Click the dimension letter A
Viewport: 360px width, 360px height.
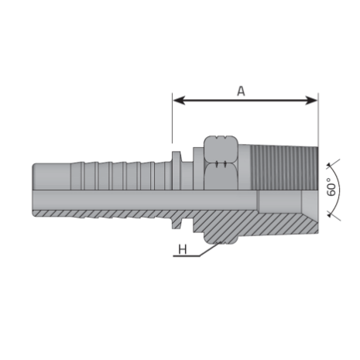[241, 91]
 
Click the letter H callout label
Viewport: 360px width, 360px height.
[183, 249]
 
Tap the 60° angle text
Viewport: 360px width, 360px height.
[332, 187]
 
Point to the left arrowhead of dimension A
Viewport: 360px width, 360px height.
[179, 100]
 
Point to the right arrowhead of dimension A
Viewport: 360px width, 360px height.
[311, 100]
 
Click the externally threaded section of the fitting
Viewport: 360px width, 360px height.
[284, 167]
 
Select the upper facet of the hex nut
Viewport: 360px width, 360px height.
[221, 149]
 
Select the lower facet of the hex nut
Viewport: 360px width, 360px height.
[221, 177]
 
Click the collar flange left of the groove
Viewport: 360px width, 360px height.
[177, 170]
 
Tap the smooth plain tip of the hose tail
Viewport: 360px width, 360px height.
[51, 177]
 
